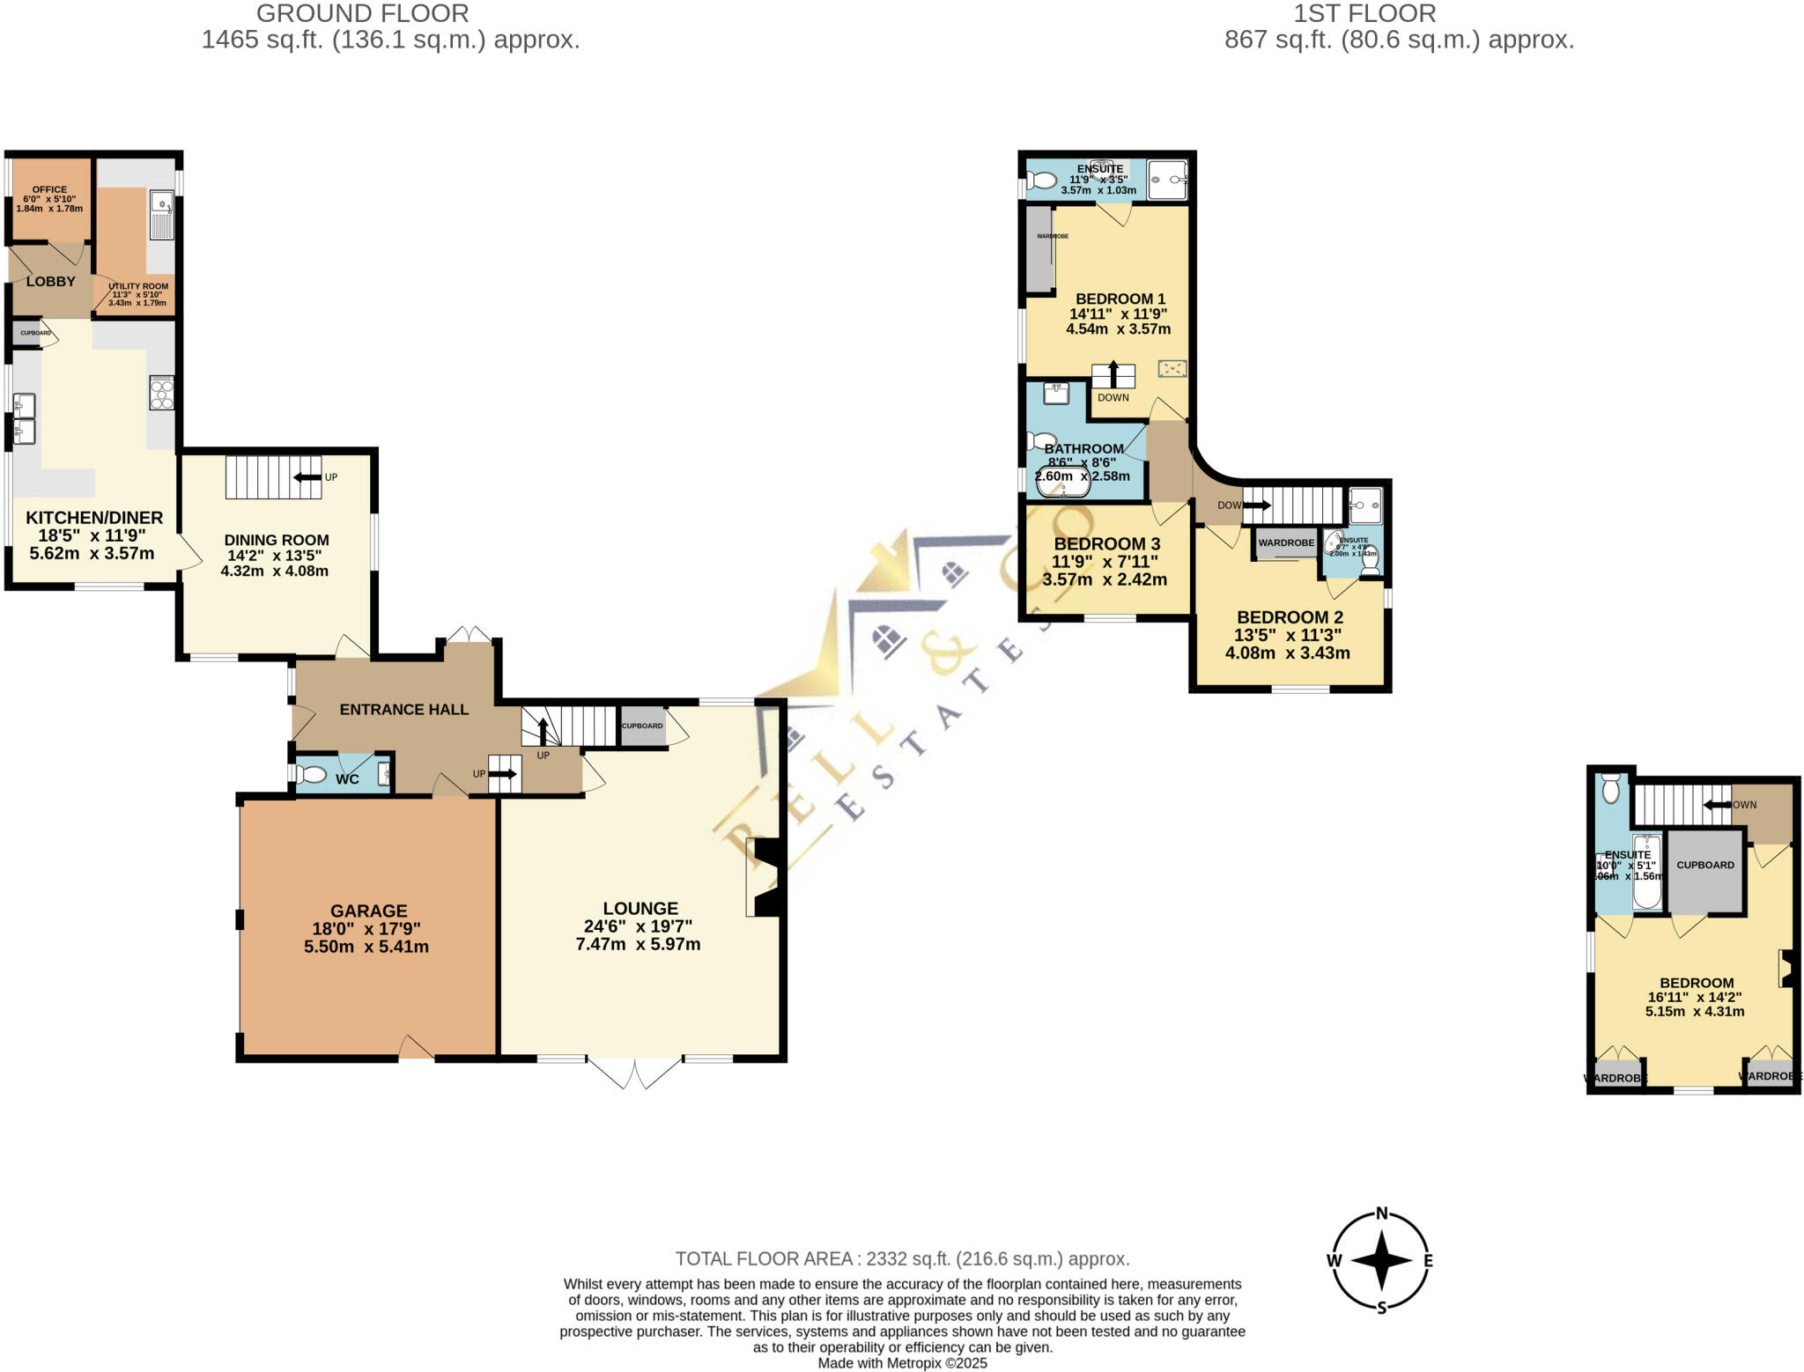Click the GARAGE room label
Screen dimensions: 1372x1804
(368, 911)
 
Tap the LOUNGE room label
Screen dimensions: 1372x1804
(640, 908)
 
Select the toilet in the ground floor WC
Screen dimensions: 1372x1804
(311, 775)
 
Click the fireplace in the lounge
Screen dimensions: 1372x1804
(765, 877)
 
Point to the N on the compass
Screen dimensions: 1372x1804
(1381, 1213)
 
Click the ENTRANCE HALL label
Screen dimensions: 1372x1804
(403, 709)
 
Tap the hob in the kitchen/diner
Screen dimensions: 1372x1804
(161, 393)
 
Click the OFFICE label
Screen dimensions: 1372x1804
(49, 189)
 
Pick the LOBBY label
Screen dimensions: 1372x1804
(50, 281)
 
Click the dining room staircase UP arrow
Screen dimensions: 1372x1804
(307, 477)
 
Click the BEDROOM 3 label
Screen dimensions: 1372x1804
(1106, 543)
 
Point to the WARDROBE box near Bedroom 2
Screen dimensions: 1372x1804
(1285, 543)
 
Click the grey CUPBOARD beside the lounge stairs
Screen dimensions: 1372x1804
(642, 727)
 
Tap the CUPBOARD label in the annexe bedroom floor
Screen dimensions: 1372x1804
(1704, 865)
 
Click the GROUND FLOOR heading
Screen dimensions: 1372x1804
(362, 14)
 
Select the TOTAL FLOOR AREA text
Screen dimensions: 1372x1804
(902, 1258)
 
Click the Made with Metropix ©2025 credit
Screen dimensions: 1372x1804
(902, 1363)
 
